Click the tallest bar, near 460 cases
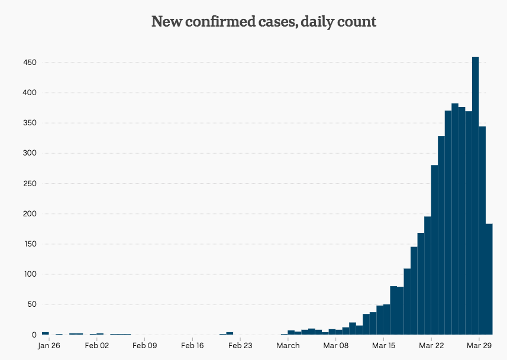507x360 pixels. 475,195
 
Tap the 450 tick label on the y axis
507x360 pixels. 30,63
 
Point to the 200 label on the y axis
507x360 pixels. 30,214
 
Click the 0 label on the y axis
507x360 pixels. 34,335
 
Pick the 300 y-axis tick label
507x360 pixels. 30,154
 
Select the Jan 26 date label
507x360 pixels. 49,346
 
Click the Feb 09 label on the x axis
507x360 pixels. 144,346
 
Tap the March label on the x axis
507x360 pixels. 288,346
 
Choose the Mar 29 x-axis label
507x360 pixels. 480,346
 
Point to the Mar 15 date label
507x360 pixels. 384,346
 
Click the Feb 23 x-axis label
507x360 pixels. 240,346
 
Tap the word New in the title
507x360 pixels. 164,22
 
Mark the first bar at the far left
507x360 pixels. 45,333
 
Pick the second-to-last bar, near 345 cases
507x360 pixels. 482,231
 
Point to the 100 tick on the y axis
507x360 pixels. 30,274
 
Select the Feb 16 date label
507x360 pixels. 192,346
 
